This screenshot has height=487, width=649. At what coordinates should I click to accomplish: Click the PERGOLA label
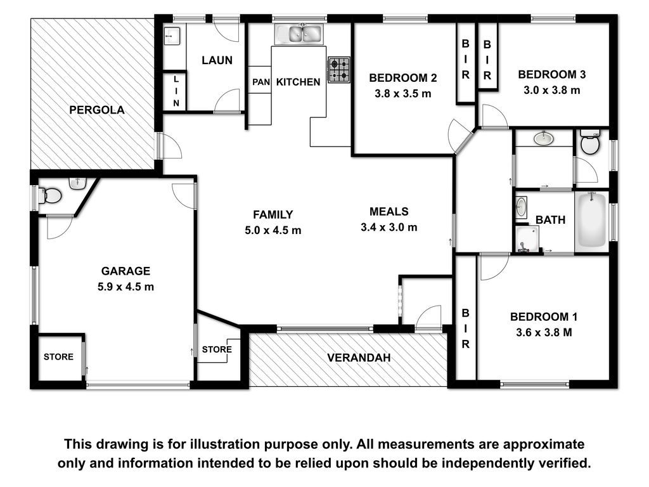tap(96, 110)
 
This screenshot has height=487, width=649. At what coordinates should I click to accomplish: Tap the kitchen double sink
tap(299, 34)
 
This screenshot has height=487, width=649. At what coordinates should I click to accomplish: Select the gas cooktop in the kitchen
tap(339, 70)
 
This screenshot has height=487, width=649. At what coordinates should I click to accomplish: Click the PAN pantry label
tap(260, 82)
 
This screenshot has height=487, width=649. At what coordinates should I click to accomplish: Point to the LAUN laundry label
tap(217, 60)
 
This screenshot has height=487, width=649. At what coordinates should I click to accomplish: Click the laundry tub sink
tap(171, 36)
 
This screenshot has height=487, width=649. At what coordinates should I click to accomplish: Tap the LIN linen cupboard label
tap(176, 91)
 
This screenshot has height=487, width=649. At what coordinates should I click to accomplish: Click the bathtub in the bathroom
tap(592, 221)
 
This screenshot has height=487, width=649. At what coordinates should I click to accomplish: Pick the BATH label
tap(551, 220)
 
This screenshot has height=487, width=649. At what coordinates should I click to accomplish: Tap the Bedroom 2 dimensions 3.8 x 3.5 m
tap(402, 94)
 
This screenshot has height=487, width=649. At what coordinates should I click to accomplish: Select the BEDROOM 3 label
tap(552, 75)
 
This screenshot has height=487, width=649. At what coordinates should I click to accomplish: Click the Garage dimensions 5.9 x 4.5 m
tap(126, 287)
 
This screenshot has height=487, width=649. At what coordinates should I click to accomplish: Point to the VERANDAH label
tap(359, 358)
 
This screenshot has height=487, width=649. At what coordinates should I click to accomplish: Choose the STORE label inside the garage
tap(58, 357)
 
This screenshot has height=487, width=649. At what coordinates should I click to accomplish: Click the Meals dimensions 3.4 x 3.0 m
tap(389, 227)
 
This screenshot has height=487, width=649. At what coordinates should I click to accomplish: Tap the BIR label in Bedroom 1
tap(466, 329)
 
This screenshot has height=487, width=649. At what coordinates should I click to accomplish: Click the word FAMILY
tap(273, 214)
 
